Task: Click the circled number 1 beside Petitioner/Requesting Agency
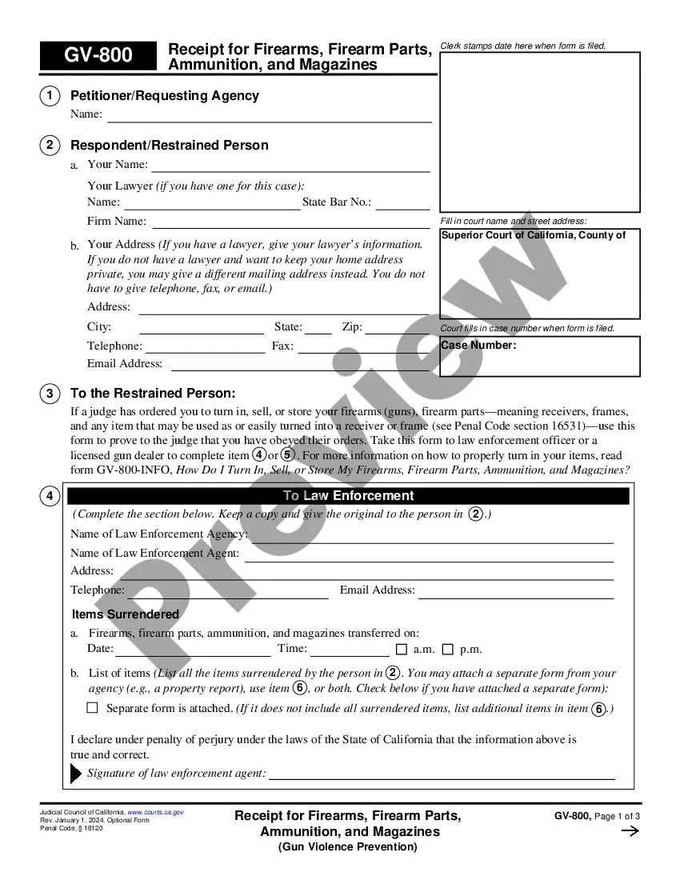(50, 96)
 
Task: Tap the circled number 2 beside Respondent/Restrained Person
(50, 145)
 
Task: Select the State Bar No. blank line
(402, 205)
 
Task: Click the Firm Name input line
(290, 224)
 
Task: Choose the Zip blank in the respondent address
(397, 330)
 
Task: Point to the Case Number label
(478, 346)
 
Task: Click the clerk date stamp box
(540, 132)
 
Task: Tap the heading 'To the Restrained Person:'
(153, 394)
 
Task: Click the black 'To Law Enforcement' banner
(348, 496)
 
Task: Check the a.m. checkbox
(402, 650)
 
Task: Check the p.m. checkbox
(448, 650)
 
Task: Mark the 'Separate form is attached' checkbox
(92, 708)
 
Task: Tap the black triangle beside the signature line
(76, 774)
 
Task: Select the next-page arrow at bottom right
(630, 831)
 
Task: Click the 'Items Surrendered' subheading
(126, 614)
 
